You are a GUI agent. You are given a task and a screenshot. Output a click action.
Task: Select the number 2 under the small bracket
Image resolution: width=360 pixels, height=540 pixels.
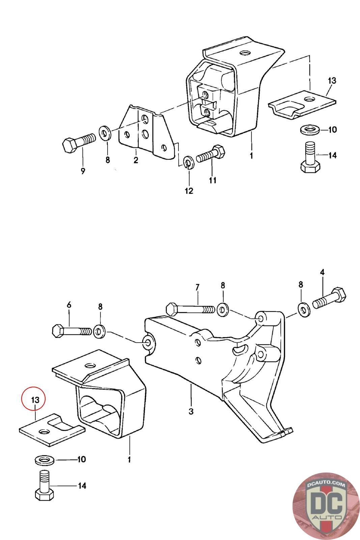tap(136, 160)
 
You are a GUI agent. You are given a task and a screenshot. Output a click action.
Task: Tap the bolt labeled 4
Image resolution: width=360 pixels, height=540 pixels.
tap(329, 298)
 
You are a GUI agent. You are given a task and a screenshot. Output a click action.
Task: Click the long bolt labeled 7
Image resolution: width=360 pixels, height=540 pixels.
tap(190, 309)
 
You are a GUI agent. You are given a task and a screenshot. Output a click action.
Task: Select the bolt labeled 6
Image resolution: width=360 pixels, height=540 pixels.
tap(72, 331)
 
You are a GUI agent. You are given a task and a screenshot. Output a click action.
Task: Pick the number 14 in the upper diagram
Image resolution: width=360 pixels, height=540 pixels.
tap(333, 155)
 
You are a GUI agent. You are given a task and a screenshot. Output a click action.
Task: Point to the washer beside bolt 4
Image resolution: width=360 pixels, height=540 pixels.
tap(304, 309)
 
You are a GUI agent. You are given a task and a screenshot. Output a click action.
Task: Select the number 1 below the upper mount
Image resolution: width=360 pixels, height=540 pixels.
tap(251, 156)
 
